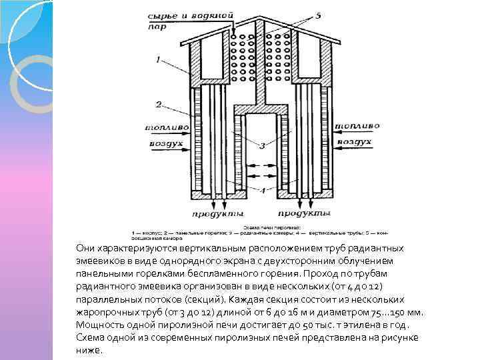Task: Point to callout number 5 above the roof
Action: pyautogui.click(x=319, y=15)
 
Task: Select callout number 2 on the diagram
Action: pyautogui.click(x=158, y=104)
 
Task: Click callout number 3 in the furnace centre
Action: pyautogui.click(x=263, y=145)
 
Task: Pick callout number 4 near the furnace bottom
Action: pyautogui.click(x=262, y=191)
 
